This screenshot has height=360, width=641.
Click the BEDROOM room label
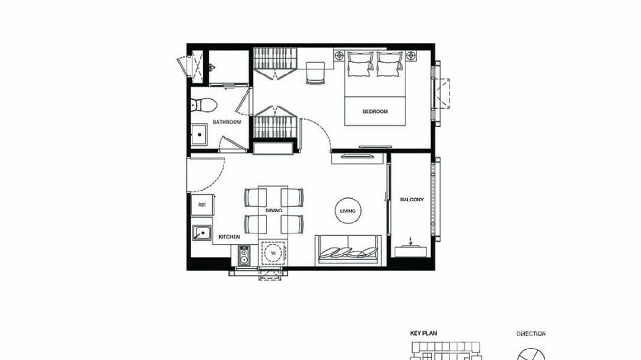tap(375, 112)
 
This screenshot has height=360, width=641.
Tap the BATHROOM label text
tap(227, 122)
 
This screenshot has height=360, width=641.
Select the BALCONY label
tap(412, 200)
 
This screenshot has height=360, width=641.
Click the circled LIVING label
tap(348, 211)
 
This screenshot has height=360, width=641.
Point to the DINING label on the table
tap(274, 211)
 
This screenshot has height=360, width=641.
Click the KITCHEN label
tap(229, 237)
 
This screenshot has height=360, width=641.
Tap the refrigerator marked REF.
tap(202, 205)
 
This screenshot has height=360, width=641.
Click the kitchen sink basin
tap(202, 233)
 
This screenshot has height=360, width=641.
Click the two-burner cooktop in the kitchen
tap(244, 255)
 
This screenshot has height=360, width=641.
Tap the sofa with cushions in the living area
tap(348, 249)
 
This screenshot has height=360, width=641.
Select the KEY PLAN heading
tap(423, 333)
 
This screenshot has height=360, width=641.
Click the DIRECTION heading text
tap(531, 333)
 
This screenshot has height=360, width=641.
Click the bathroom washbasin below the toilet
tap(199, 135)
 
